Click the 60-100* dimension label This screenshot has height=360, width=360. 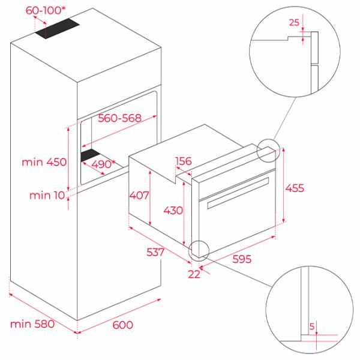point(45,10)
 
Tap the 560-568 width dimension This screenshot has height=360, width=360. point(119,118)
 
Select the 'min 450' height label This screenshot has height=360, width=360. point(44,162)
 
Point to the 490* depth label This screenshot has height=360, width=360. point(103,164)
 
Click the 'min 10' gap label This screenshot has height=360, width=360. point(47,196)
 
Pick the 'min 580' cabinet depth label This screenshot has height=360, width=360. point(32,324)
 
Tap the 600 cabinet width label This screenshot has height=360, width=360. point(123,325)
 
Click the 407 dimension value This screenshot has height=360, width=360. point(139,196)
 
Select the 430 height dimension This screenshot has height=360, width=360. point(173,211)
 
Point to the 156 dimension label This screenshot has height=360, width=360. point(183,161)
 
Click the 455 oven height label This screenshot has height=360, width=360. point(295,188)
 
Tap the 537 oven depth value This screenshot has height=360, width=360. point(155,252)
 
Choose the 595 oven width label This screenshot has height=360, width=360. point(242,259)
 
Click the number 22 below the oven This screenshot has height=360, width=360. point(194,274)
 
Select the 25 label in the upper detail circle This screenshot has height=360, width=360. point(294,23)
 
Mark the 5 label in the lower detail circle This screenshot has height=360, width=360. point(311,326)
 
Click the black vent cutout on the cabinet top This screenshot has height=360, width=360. point(57,28)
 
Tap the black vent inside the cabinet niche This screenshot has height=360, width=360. point(90,155)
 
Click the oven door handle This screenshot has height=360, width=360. point(238,193)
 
